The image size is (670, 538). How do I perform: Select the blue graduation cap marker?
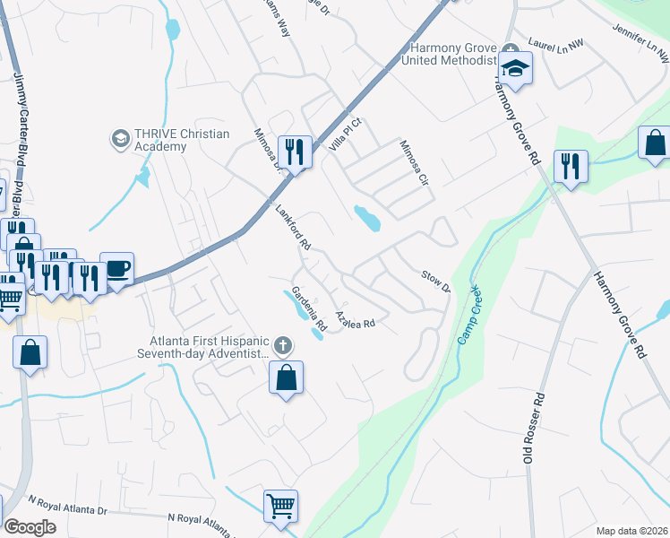[516, 69]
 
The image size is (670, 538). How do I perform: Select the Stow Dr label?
[435, 280]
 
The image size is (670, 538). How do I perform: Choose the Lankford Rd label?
[292, 230]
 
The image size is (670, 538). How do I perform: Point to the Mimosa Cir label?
[415, 163]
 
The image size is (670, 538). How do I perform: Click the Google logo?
[30, 527]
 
